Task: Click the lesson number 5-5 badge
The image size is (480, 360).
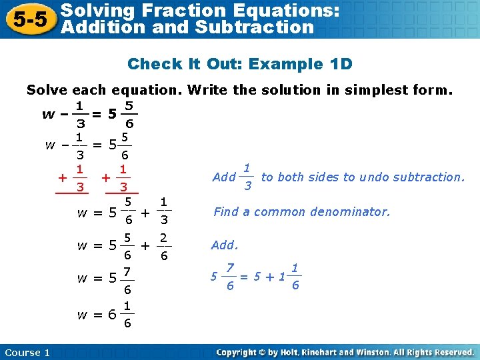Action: pyautogui.click(x=28, y=19)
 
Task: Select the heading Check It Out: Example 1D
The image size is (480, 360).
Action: pyautogui.click(x=239, y=64)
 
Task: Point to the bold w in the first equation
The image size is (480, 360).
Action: pyautogui.click(x=48, y=114)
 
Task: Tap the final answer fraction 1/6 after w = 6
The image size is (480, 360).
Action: pyautogui.click(x=127, y=315)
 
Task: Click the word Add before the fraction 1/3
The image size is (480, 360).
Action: pyautogui.click(x=223, y=177)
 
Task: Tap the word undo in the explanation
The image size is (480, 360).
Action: pyautogui.click(x=372, y=177)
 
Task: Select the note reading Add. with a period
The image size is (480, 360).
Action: pyautogui.click(x=225, y=245)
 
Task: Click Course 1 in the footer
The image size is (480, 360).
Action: pyautogui.click(x=27, y=352)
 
